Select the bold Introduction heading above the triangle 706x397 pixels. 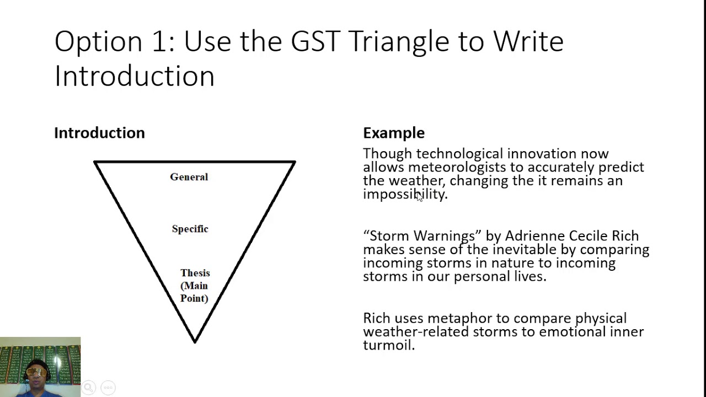point(100,133)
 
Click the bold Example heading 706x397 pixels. point(394,133)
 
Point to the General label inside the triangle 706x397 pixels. point(189,177)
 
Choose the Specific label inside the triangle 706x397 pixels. point(190,229)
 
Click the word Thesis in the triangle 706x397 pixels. point(195,273)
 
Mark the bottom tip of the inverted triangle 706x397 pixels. point(195,342)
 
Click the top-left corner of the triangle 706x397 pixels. point(94,162)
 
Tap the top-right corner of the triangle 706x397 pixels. point(295,162)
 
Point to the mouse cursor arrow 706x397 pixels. point(419,196)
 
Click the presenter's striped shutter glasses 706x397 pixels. point(36,372)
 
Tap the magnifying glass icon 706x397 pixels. point(89,387)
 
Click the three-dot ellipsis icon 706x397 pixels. point(108,388)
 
